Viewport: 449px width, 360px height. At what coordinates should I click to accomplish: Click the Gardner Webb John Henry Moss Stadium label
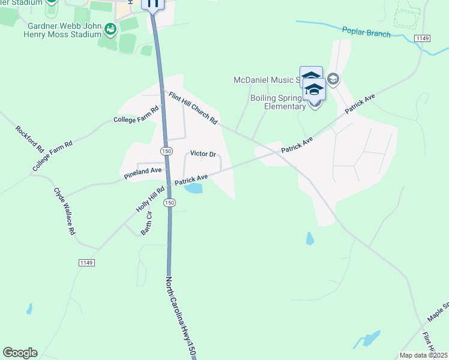click(x=65, y=30)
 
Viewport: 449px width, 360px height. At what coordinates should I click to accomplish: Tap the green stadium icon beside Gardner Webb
click(x=110, y=28)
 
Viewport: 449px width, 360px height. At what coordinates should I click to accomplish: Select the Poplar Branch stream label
click(x=366, y=32)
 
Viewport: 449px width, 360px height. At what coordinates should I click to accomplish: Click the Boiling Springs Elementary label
click(x=277, y=103)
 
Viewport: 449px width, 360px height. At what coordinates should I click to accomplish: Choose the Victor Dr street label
click(x=203, y=154)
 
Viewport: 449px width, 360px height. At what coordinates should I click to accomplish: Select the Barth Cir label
click(x=146, y=223)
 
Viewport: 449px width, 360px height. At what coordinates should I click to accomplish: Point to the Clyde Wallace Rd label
click(x=65, y=211)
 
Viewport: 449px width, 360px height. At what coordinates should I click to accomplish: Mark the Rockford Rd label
click(x=30, y=139)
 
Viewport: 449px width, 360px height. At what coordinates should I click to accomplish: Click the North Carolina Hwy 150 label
click(x=179, y=317)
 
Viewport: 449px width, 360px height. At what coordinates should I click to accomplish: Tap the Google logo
click(x=20, y=353)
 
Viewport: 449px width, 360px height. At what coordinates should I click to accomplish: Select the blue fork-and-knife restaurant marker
click(x=152, y=4)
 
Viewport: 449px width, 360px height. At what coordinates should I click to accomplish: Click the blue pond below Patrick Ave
click(x=193, y=189)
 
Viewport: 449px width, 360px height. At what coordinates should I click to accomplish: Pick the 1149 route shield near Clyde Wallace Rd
click(x=86, y=263)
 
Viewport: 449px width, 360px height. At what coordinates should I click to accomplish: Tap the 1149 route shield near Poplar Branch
click(x=422, y=38)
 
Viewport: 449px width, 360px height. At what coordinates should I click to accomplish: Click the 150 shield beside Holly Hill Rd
click(x=170, y=203)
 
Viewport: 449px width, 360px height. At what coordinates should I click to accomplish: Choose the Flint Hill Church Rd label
click(x=193, y=108)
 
